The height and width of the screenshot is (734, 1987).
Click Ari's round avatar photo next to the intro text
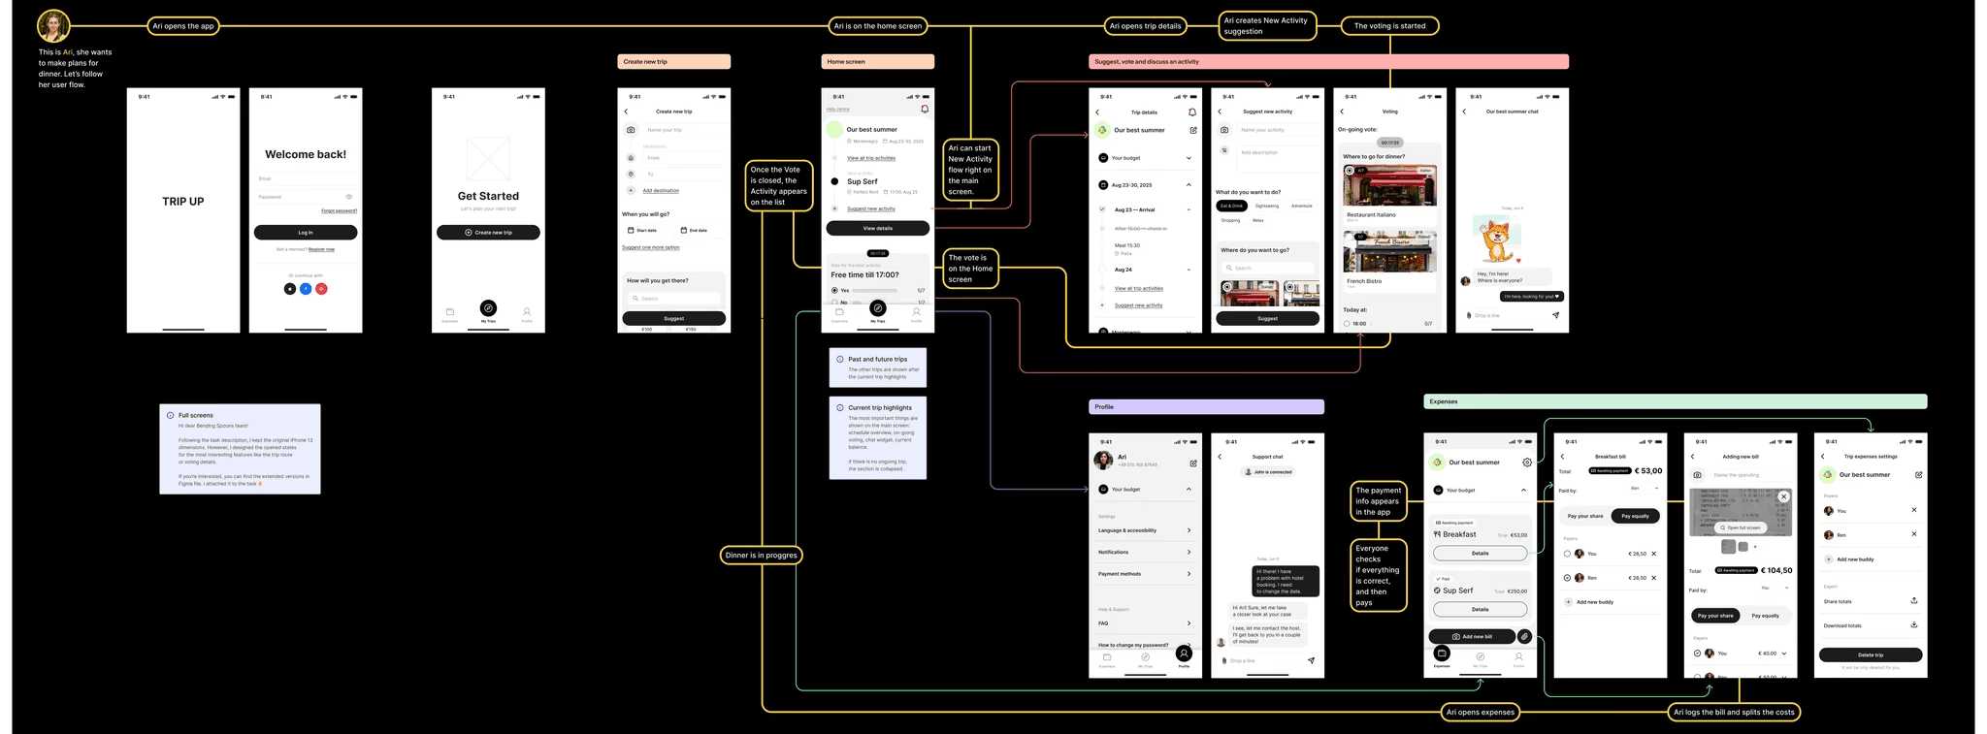[52, 26]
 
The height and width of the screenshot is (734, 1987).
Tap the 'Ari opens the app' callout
[183, 26]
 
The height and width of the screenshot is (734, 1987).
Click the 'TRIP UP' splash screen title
[183, 202]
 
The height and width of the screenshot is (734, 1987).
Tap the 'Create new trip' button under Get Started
[488, 233]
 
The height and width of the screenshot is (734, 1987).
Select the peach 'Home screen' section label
[877, 62]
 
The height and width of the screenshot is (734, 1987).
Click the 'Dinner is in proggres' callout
[763, 556]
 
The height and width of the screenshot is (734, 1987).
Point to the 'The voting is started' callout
[1389, 26]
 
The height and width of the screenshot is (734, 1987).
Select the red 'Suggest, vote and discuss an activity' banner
[1328, 62]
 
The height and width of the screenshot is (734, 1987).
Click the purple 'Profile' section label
[1206, 407]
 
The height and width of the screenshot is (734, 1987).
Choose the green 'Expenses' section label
[1675, 401]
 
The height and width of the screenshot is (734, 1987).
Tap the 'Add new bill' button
[1473, 637]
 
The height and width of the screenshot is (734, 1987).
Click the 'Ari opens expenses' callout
[1480, 713]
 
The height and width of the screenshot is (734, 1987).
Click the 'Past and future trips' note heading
[878, 360]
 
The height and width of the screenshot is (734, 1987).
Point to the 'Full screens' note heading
[195, 415]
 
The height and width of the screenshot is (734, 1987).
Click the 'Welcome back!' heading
[306, 154]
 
